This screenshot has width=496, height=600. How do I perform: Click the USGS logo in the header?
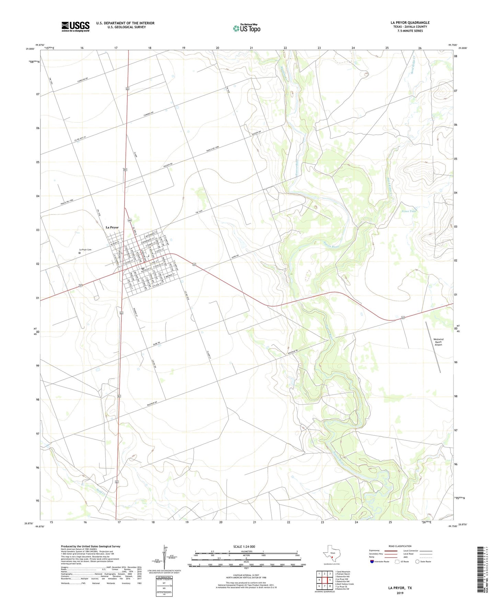click(x=76, y=26)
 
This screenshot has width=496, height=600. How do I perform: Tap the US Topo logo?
click(x=246, y=28)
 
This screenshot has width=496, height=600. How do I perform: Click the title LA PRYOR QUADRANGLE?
click(x=410, y=23)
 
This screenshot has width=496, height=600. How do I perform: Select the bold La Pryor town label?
click(x=112, y=227)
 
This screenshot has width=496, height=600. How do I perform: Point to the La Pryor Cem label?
click(x=85, y=250)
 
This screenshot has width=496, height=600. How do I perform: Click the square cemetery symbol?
click(x=80, y=253)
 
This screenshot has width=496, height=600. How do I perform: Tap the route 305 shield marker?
click(x=129, y=220)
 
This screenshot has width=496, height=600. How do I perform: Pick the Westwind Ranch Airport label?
click(x=438, y=342)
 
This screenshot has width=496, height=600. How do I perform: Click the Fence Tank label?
click(x=409, y=211)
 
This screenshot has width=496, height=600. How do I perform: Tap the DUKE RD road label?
click(x=157, y=343)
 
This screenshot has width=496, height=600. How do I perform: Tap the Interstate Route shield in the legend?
click(x=372, y=562)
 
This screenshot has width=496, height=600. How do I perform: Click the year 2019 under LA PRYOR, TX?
click(x=400, y=593)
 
